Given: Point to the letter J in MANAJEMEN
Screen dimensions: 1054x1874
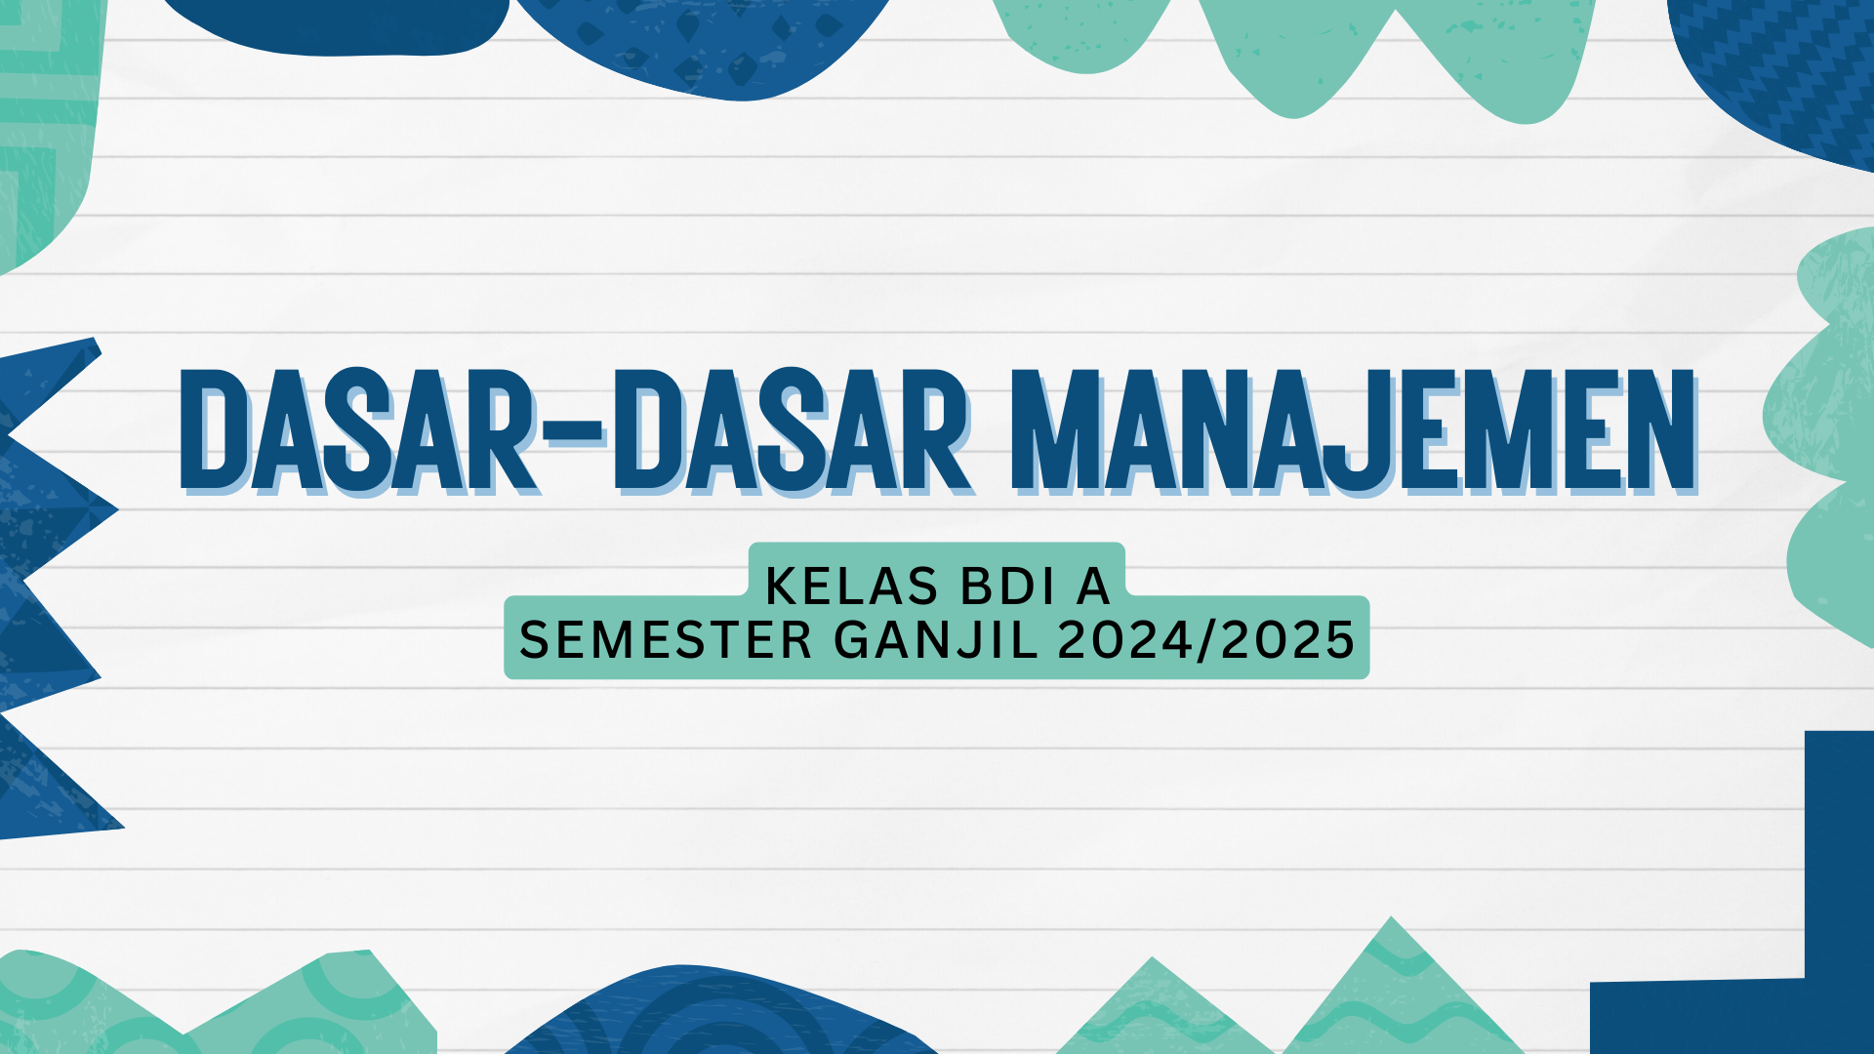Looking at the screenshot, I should tap(1351, 431).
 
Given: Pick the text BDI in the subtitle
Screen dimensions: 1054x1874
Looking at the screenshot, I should tap(1008, 587).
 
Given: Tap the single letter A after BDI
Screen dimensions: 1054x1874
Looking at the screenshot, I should tap(1093, 587).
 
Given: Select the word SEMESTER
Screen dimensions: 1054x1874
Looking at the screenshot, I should tap(666, 640).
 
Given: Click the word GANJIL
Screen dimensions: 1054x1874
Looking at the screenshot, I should tap(936, 640).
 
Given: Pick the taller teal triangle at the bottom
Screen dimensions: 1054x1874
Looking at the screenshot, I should tap(1391, 995).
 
